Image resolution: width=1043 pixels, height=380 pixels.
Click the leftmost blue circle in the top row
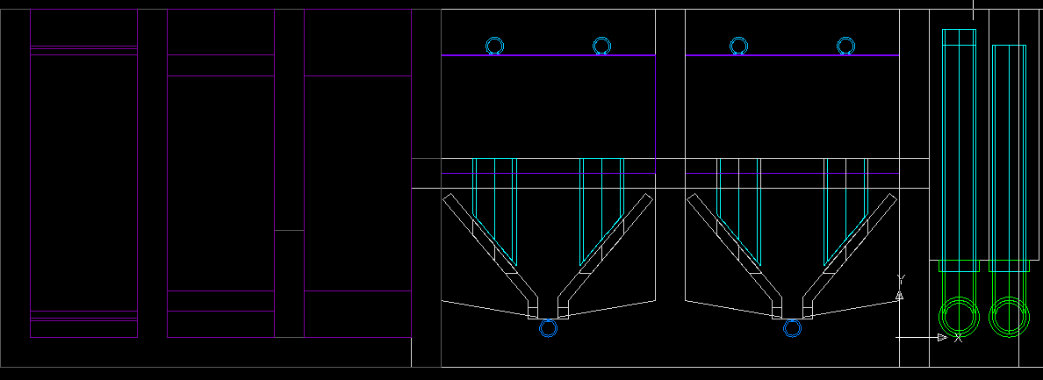(494, 38)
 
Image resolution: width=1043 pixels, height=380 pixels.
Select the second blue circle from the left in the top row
(602, 38)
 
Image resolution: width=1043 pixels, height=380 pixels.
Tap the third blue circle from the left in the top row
(738, 38)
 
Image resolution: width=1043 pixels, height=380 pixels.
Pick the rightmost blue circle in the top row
(845, 38)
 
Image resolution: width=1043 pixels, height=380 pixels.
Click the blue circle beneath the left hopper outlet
(548, 319)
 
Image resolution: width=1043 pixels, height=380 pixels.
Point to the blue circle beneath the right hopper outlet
(792, 319)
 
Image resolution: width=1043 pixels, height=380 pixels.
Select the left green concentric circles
(960, 297)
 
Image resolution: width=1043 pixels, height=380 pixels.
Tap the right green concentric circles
(1009, 297)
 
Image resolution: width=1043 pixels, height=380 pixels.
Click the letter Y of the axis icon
(902, 278)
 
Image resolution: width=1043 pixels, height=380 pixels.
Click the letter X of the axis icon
(958, 338)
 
